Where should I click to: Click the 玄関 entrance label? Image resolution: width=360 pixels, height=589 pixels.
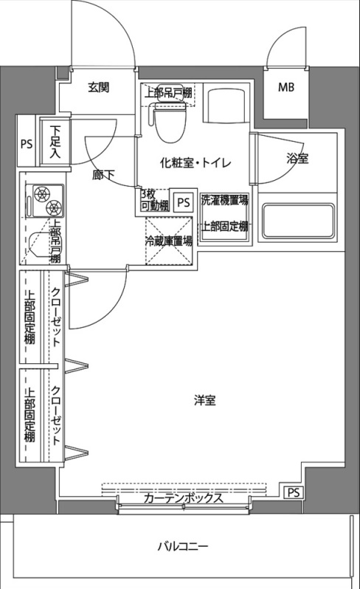pos(99,87)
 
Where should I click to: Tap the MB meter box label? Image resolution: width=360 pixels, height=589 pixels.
pos(285,88)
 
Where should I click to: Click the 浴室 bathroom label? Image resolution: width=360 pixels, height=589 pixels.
pos(297,159)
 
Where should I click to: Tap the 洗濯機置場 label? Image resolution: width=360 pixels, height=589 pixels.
pos(224,199)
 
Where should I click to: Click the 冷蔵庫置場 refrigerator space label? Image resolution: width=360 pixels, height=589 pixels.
pos(169,240)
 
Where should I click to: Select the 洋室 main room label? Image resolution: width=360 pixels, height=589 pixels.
pos(204,401)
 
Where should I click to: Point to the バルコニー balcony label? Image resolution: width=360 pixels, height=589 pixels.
pos(182,547)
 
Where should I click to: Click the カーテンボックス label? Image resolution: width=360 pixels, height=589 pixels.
pos(182,498)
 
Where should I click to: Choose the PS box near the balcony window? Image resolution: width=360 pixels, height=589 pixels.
pos(293,492)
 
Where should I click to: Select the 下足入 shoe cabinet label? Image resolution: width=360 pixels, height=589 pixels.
pos(55,143)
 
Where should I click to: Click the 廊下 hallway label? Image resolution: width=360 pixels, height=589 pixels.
pos(103,176)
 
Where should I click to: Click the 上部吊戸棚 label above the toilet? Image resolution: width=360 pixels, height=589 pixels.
pos(168,93)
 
